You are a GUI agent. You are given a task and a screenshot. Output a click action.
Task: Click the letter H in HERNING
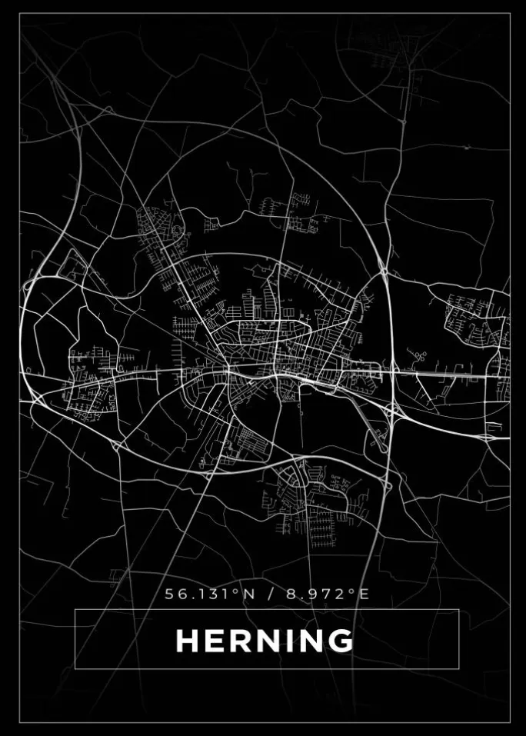coord(188,641)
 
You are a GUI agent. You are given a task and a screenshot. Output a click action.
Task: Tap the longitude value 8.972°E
coord(327,594)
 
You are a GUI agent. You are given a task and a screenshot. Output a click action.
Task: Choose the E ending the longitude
coord(364,594)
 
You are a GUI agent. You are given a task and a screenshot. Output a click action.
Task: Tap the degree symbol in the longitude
coord(355,591)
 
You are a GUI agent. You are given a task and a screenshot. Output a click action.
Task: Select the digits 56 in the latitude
coord(174,594)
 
